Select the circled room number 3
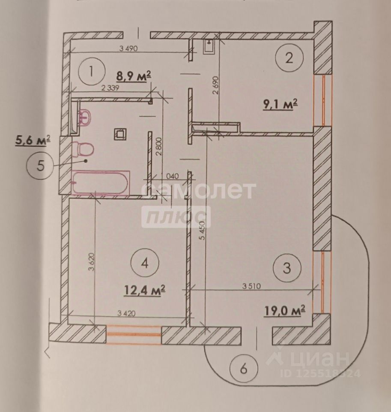click(x=287, y=269)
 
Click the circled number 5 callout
click(x=40, y=166)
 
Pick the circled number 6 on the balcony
click(x=242, y=368)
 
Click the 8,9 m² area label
click(x=134, y=77)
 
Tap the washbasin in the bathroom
click(x=84, y=117)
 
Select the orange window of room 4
click(x=133, y=335)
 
